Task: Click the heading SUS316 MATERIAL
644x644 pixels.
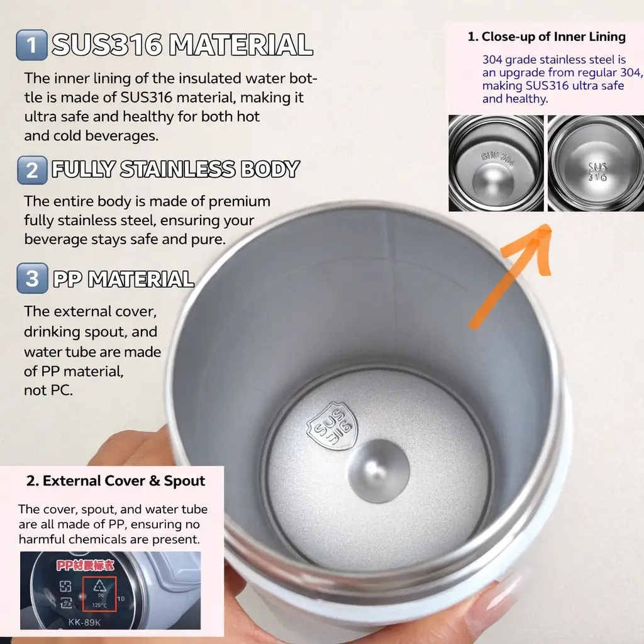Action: (182, 45)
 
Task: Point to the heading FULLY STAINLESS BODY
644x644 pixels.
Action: (175, 170)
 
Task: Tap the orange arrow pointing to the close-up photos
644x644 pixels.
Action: (509, 277)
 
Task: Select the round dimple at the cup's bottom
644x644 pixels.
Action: (378, 470)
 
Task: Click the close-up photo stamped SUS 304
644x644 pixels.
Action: (496, 163)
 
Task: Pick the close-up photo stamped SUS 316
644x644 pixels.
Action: (596, 163)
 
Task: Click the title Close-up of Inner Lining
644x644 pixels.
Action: (547, 37)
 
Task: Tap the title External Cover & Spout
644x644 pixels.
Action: (116, 481)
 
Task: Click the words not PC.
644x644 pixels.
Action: (48, 391)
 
